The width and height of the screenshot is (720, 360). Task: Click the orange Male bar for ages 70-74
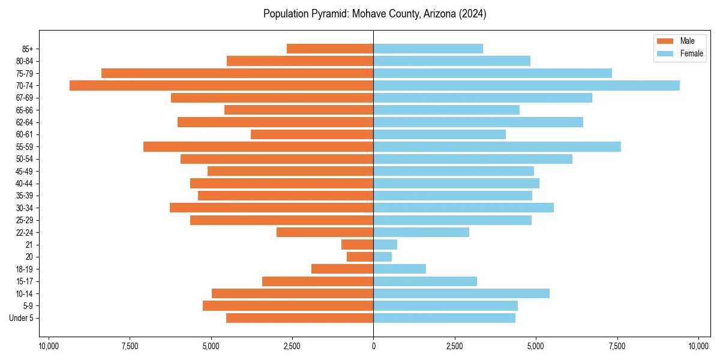click(x=221, y=85)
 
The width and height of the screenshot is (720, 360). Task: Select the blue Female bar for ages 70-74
click(x=526, y=85)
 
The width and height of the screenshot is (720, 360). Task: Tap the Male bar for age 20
click(x=360, y=257)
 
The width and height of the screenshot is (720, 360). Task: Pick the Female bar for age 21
click(x=385, y=244)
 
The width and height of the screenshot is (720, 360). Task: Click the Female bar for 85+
click(x=428, y=49)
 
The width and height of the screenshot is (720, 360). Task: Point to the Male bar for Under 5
click(x=299, y=318)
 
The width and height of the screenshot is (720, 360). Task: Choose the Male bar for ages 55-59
click(x=258, y=146)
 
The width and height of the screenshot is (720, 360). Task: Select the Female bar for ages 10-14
click(x=461, y=293)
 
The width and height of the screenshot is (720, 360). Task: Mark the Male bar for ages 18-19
click(x=342, y=269)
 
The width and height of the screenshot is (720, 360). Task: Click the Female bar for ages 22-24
click(x=421, y=232)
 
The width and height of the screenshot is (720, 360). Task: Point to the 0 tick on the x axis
click(x=373, y=346)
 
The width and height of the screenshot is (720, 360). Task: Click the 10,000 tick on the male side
click(x=49, y=346)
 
